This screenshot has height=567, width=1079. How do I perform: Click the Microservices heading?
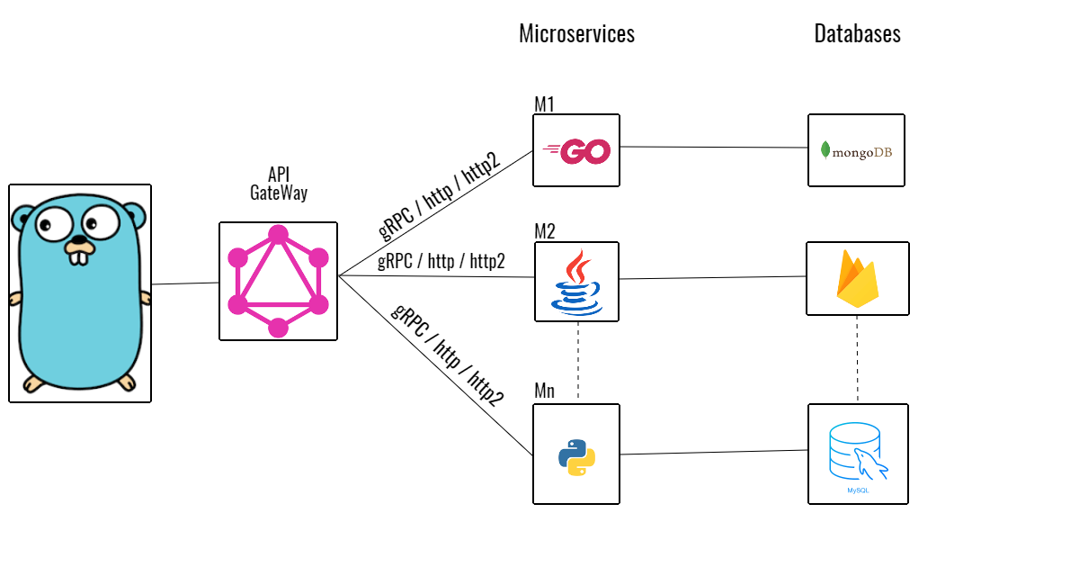pos(576,34)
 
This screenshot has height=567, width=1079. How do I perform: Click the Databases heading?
pos(857,34)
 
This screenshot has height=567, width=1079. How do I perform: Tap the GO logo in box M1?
pos(576,151)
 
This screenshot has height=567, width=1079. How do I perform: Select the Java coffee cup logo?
pos(577,282)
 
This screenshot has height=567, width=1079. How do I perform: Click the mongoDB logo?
pos(856,151)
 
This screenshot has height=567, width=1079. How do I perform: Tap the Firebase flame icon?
pos(857,279)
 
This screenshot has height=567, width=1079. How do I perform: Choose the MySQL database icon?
pos(857,452)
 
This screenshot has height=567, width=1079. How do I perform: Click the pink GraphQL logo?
pos(278,281)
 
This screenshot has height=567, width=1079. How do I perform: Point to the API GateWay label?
pos(278,183)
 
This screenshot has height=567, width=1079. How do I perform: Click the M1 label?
pos(544,104)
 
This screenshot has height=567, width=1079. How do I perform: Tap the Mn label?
pos(545,392)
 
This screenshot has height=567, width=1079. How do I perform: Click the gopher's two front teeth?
pos(80,257)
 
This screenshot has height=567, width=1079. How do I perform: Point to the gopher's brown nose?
pos(79,242)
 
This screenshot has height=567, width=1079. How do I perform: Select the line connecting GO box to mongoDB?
pos(714,148)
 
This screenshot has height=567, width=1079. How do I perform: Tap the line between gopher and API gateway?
pos(185,283)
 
